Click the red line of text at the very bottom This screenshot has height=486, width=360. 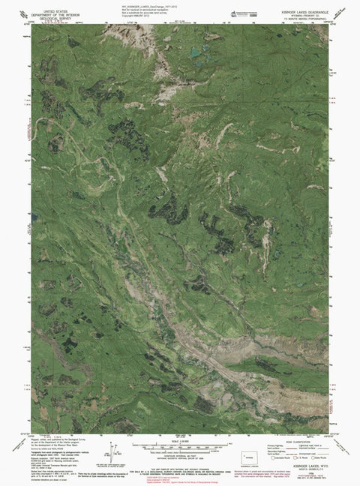point(180,482)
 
